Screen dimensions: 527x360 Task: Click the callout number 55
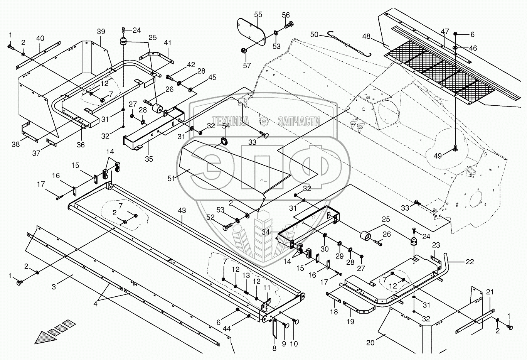click(x=258, y=15)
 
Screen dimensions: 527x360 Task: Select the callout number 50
click(x=314, y=35)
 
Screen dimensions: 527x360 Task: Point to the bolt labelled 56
click(x=289, y=25)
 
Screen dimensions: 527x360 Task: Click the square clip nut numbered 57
click(x=244, y=50)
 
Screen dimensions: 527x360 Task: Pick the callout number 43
click(x=182, y=210)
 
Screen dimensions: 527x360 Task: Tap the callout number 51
click(x=171, y=179)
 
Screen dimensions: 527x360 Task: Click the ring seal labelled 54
click(x=225, y=142)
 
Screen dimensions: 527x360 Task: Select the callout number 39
click(x=101, y=32)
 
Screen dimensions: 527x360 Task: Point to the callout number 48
click(x=366, y=37)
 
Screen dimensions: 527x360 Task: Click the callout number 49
click(x=438, y=156)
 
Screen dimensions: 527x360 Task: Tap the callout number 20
click(x=370, y=343)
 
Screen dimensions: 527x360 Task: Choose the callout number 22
click(x=470, y=262)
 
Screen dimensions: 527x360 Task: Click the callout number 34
click(x=266, y=232)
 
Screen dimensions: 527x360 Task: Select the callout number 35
click(x=149, y=159)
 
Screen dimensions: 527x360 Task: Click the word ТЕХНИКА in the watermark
click(x=230, y=121)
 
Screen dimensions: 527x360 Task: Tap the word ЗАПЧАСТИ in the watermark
click(x=299, y=121)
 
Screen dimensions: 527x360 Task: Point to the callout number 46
click(x=473, y=48)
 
